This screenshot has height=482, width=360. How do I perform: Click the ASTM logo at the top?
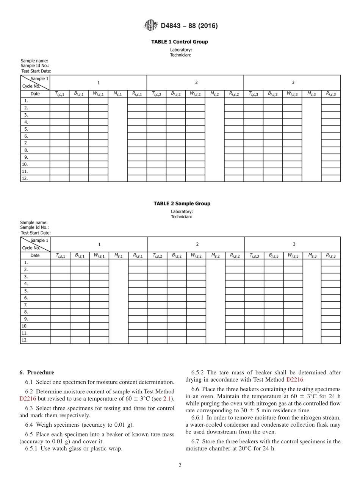[x=150, y=26]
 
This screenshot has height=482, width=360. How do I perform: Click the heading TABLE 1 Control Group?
[x=180, y=42]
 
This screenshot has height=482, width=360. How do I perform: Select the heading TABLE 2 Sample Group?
[x=182, y=203]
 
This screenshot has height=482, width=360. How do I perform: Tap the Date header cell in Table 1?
[x=35, y=94]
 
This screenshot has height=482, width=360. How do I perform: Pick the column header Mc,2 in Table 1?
[x=214, y=94]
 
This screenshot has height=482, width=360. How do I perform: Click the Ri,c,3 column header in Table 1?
[x=330, y=94]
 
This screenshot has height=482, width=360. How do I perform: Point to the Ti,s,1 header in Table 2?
[x=60, y=256]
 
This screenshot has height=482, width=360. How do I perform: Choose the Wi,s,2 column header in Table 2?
[x=196, y=256]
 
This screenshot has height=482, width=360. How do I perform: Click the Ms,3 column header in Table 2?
[x=311, y=256]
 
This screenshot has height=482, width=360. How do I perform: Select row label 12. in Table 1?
[x=25, y=178]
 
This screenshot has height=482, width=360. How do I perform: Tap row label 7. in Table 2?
[x=26, y=305]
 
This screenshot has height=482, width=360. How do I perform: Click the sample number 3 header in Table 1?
[x=293, y=83]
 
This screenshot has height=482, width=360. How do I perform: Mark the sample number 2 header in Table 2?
[x=197, y=244]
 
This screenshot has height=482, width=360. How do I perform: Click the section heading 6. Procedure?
[x=37, y=372]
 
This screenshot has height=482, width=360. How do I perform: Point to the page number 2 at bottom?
[x=180, y=466]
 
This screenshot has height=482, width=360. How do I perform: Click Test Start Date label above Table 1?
[x=36, y=71]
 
